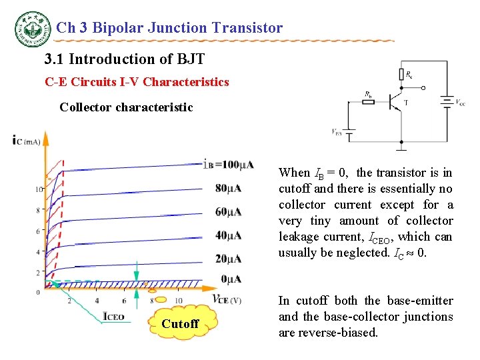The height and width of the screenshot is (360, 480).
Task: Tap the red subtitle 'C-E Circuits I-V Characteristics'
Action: coord(137,83)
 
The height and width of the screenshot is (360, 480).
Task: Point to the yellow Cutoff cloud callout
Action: coord(181,323)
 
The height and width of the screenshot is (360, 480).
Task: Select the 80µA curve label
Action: coord(229,189)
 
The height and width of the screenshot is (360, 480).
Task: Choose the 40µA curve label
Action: coord(229,235)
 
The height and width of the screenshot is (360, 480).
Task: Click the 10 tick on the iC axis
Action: coord(39,190)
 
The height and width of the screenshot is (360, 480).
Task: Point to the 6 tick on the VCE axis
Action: coord(124,301)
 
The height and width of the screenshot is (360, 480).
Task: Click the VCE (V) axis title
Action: coord(226,299)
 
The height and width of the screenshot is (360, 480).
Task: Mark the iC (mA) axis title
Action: coord(26,141)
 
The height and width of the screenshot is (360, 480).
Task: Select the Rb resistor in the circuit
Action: coord(368,103)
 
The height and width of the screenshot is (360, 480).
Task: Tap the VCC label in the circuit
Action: coord(461,103)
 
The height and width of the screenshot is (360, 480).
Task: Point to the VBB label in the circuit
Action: coord(337,132)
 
